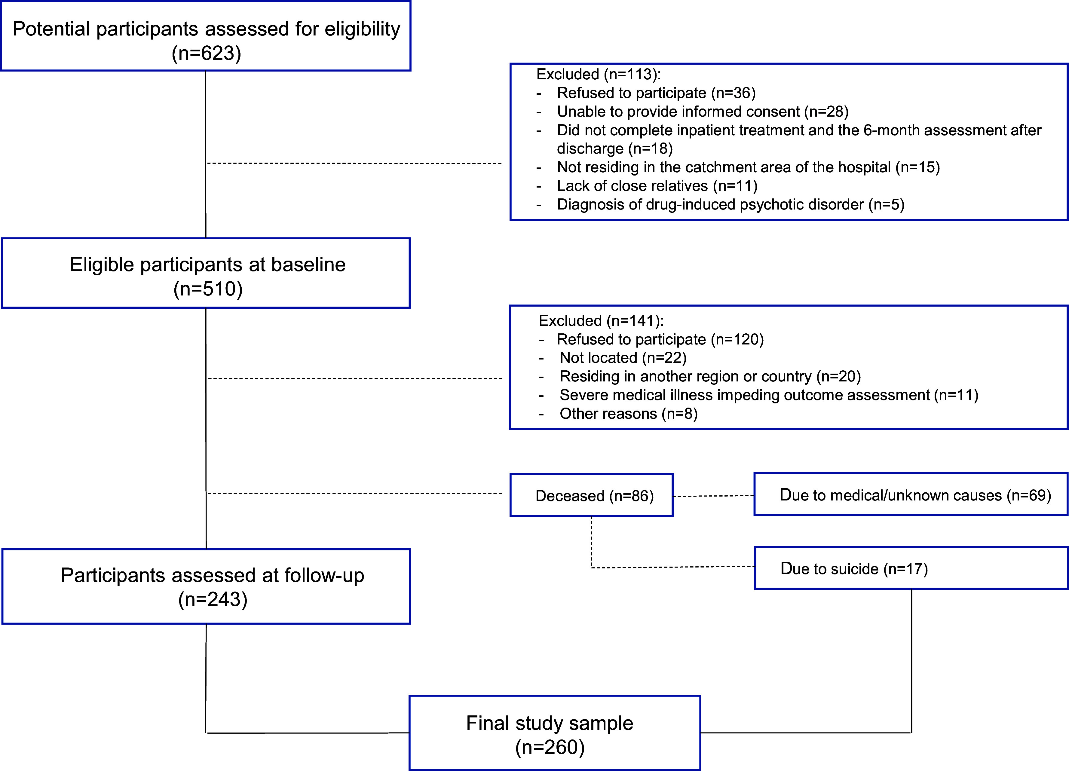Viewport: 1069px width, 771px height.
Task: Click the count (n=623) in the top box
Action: click(207, 53)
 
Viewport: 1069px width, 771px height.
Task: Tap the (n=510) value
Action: click(208, 289)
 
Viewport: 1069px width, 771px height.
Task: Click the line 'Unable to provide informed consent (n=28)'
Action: click(703, 112)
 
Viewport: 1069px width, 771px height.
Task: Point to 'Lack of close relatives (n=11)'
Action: click(657, 186)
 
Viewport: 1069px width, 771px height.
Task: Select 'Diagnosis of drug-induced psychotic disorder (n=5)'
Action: click(731, 204)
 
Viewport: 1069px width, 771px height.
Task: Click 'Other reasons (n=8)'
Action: click(628, 414)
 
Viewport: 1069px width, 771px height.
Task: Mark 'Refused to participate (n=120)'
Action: click(660, 339)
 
